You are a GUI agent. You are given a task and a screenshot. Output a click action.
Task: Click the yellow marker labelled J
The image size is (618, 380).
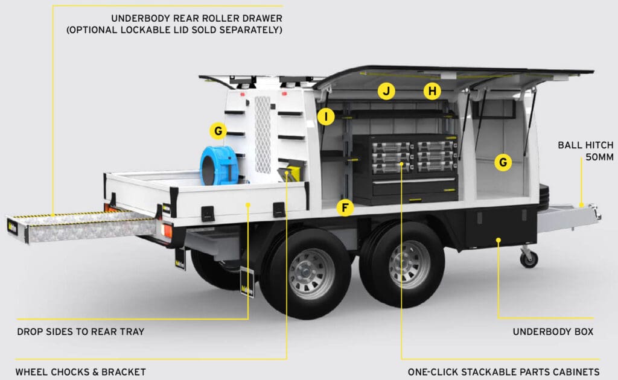point(386,92)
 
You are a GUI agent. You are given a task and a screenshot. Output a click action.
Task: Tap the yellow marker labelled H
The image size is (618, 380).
point(432,92)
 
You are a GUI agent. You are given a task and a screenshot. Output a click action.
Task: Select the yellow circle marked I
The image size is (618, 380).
point(326,116)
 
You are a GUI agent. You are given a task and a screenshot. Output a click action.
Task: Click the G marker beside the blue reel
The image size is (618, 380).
point(218,130)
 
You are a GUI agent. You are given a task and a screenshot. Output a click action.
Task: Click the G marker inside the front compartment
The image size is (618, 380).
point(502,162)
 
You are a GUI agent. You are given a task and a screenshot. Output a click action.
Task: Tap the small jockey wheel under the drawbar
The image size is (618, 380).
point(529,258)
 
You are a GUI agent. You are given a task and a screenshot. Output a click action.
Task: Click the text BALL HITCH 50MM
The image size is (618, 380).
point(585,151)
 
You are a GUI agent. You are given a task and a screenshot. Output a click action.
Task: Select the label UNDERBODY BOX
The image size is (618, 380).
point(553,332)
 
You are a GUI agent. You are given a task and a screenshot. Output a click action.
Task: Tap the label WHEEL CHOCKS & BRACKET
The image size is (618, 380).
point(80,372)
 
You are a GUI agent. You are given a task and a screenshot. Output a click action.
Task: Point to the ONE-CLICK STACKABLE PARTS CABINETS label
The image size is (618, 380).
point(503,372)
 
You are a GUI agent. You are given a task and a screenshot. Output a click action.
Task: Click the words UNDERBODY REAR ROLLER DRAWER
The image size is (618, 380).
point(196,18)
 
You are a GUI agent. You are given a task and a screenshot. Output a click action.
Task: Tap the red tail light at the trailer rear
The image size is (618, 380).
point(167,230)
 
